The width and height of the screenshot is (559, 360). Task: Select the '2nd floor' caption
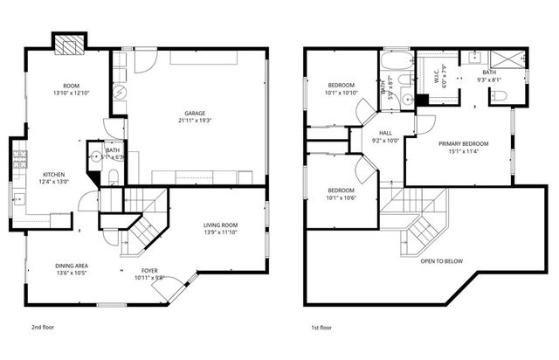coord(44,328)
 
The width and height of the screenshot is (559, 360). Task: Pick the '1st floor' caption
coord(321,328)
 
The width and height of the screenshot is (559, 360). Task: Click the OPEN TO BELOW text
coord(442,261)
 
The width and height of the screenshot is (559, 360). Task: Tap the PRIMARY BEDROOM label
coord(463,143)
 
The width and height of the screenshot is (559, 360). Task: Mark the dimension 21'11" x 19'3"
coord(195,121)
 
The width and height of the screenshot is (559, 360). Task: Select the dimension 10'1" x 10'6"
coord(341,197)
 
